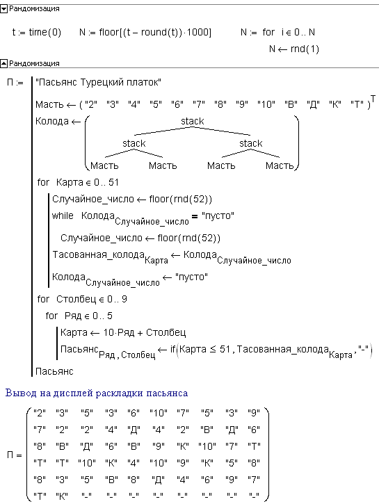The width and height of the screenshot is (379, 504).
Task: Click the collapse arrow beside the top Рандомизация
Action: click(x=4, y=9)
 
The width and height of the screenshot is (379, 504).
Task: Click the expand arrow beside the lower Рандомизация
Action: click(x=4, y=63)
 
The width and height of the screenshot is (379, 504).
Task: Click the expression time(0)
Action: click(x=45, y=33)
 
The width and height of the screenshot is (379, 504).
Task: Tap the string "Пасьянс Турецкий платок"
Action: click(x=98, y=83)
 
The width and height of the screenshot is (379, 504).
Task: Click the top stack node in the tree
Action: click(x=192, y=121)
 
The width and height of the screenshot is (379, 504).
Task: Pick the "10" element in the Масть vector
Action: click(x=266, y=104)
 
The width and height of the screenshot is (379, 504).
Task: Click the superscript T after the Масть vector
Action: click(x=373, y=98)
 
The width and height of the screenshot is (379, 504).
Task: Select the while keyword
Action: click(x=63, y=216)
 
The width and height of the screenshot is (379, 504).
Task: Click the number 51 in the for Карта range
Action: click(x=114, y=183)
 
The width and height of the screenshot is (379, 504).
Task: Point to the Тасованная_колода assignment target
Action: click(x=111, y=257)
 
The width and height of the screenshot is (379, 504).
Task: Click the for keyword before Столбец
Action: click(x=43, y=299)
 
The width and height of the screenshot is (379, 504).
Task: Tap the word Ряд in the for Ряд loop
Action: click(x=72, y=316)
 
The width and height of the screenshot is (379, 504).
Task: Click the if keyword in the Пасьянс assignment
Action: click(x=173, y=349)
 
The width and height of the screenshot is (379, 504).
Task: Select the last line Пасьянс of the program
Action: click(x=54, y=372)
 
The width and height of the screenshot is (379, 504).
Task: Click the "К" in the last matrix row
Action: click(x=62, y=496)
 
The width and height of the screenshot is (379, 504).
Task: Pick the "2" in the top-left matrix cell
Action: click(x=40, y=413)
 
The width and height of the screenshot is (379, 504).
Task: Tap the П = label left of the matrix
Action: click(x=15, y=455)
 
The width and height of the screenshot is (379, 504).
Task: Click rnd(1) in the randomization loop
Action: click(x=305, y=49)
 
